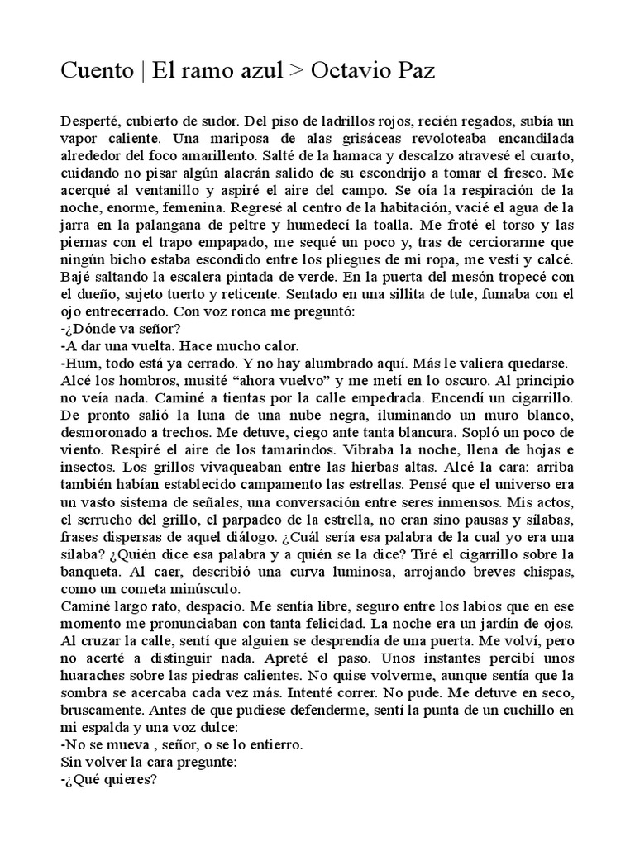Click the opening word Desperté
90,121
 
